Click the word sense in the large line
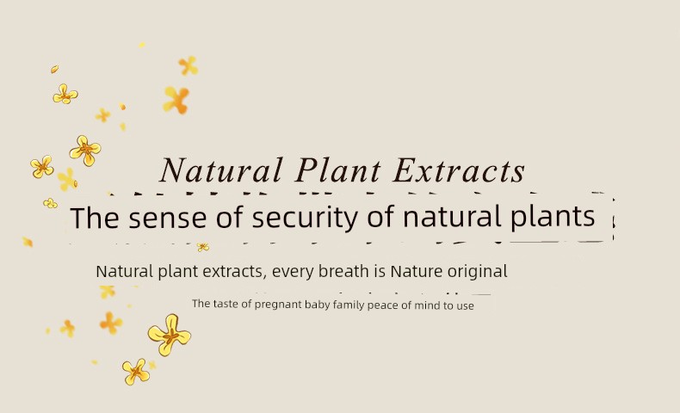[x=167, y=218]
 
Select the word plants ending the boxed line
[x=552, y=217]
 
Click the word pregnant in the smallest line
[x=277, y=305]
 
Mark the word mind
[x=427, y=305]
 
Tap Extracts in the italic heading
[x=459, y=170]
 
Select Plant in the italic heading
[x=337, y=170]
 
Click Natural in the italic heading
[x=221, y=170]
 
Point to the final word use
[x=465, y=306]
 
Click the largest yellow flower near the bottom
[x=169, y=335]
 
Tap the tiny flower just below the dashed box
[x=203, y=248]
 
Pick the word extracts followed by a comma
[x=234, y=272]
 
